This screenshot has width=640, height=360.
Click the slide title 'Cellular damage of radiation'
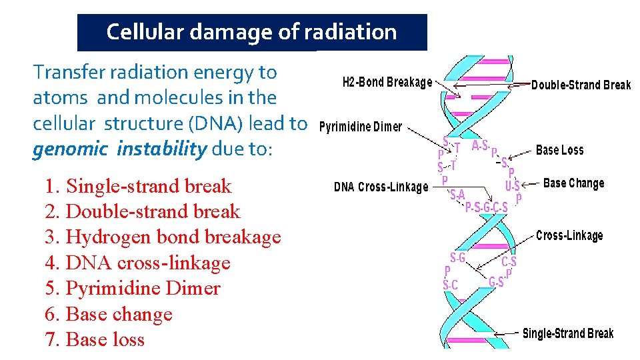click(251, 32)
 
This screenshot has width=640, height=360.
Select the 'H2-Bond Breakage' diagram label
click(387, 82)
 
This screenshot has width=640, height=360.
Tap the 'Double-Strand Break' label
click(580, 85)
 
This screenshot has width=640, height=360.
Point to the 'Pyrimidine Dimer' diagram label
click(361, 127)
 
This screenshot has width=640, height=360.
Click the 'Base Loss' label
click(559, 150)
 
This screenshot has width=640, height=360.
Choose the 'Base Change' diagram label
click(573, 183)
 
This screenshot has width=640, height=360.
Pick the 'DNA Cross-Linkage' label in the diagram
click(381, 187)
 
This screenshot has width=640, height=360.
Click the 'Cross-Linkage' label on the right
click(569, 235)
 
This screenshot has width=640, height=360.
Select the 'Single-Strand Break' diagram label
click(567, 333)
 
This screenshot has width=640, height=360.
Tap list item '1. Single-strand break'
click(138, 186)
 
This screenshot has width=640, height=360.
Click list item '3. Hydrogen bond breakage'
click(163, 237)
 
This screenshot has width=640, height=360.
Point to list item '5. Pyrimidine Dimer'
click(133, 289)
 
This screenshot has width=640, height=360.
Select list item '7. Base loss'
click(95, 340)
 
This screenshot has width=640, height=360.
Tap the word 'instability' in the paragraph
click(161, 149)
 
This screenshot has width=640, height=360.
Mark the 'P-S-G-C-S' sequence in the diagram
click(486, 207)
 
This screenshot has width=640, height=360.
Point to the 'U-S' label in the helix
click(512, 186)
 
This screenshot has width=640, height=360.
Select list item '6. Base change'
click(109, 314)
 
